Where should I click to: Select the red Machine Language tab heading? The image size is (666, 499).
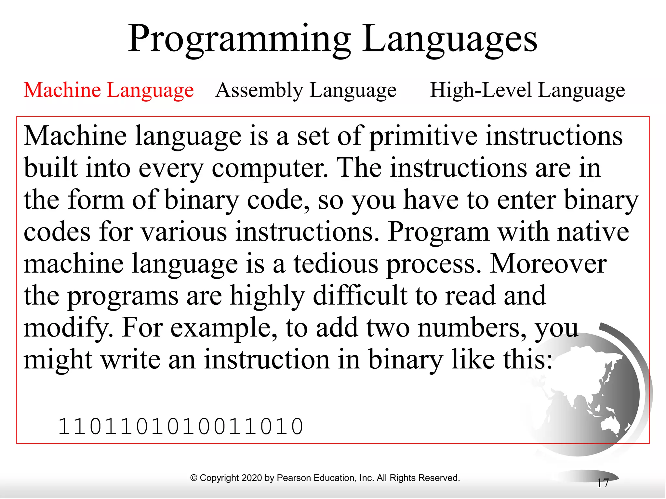(x=109, y=90)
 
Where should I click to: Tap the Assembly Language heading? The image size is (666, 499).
(x=306, y=90)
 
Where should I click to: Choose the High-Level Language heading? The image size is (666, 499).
(x=527, y=90)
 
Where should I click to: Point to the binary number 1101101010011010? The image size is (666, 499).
(x=180, y=427)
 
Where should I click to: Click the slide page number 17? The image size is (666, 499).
(x=603, y=483)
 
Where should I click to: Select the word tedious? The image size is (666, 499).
(x=336, y=264)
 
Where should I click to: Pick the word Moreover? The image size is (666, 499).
(x=548, y=264)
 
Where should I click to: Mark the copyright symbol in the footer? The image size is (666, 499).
(x=194, y=478)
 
